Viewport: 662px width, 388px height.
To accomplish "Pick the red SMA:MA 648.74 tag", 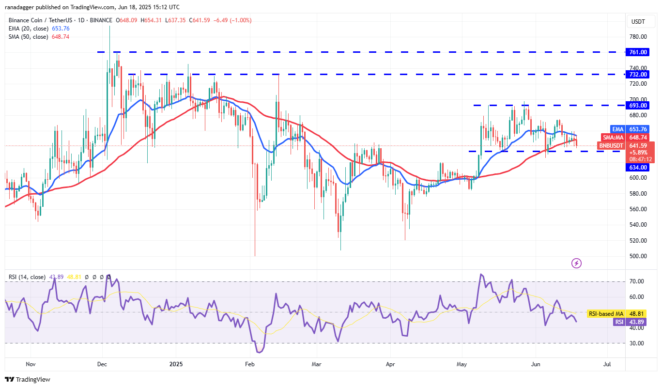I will (628, 138).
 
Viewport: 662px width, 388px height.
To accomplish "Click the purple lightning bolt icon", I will (576, 264).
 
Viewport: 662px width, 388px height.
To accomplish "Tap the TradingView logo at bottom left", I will (28, 379).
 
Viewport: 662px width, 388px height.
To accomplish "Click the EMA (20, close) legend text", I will (28, 28).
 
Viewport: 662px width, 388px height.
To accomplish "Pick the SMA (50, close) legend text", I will (28, 37).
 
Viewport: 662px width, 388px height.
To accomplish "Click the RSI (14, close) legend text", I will (27, 277).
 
